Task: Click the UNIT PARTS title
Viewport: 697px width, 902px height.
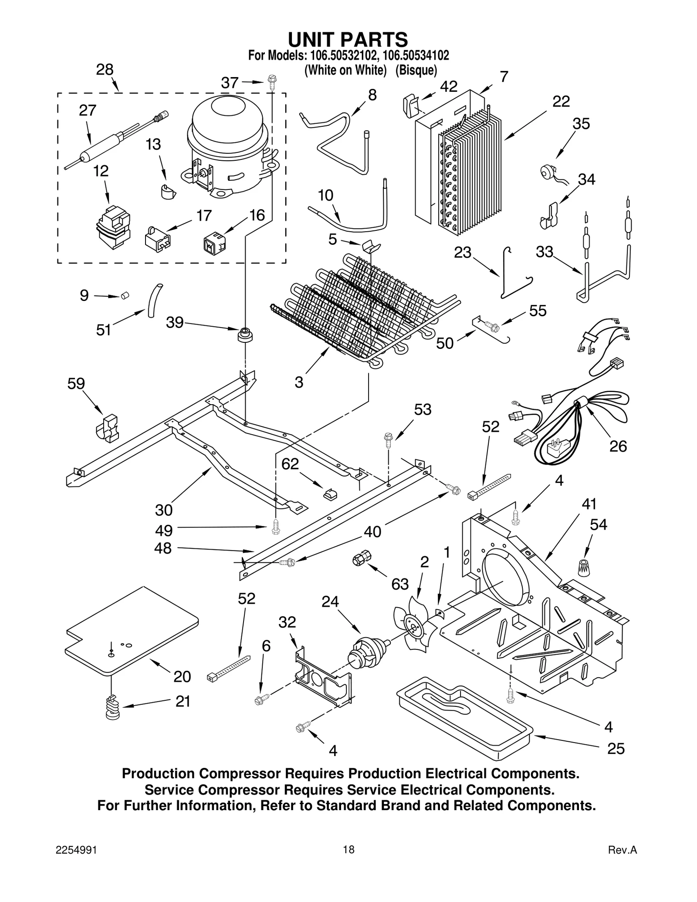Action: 348,40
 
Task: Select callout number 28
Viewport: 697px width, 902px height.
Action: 105,70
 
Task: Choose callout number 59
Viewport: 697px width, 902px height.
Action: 76,384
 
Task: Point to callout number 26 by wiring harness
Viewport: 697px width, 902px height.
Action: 618,446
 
